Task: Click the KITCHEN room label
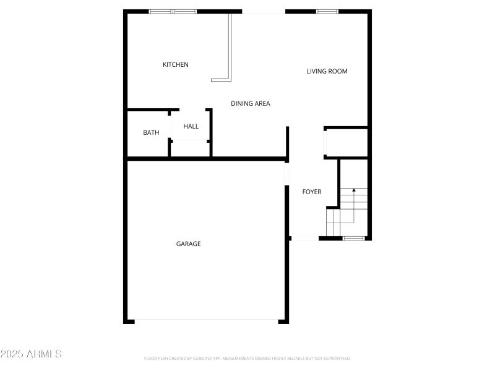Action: [x=175, y=65]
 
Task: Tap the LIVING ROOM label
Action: [x=327, y=71]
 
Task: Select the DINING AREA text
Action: [x=250, y=104]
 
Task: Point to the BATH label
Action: [x=151, y=132]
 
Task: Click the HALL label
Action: [x=191, y=127]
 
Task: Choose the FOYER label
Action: [x=311, y=192]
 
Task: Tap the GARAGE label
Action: [x=188, y=244]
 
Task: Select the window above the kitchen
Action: [x=173, y=11]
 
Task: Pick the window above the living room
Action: [x=327, y=11]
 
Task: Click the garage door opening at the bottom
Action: [x=206, y=320]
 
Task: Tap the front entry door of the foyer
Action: [x=305, y=239]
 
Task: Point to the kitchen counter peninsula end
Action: [x=220, y=79]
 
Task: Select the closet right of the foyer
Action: [x=346, y=143]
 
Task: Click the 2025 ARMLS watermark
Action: [x=31, y=354]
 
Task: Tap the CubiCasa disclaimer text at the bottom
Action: [x=247, y=358]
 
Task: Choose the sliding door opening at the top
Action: [x=263, y=12]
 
